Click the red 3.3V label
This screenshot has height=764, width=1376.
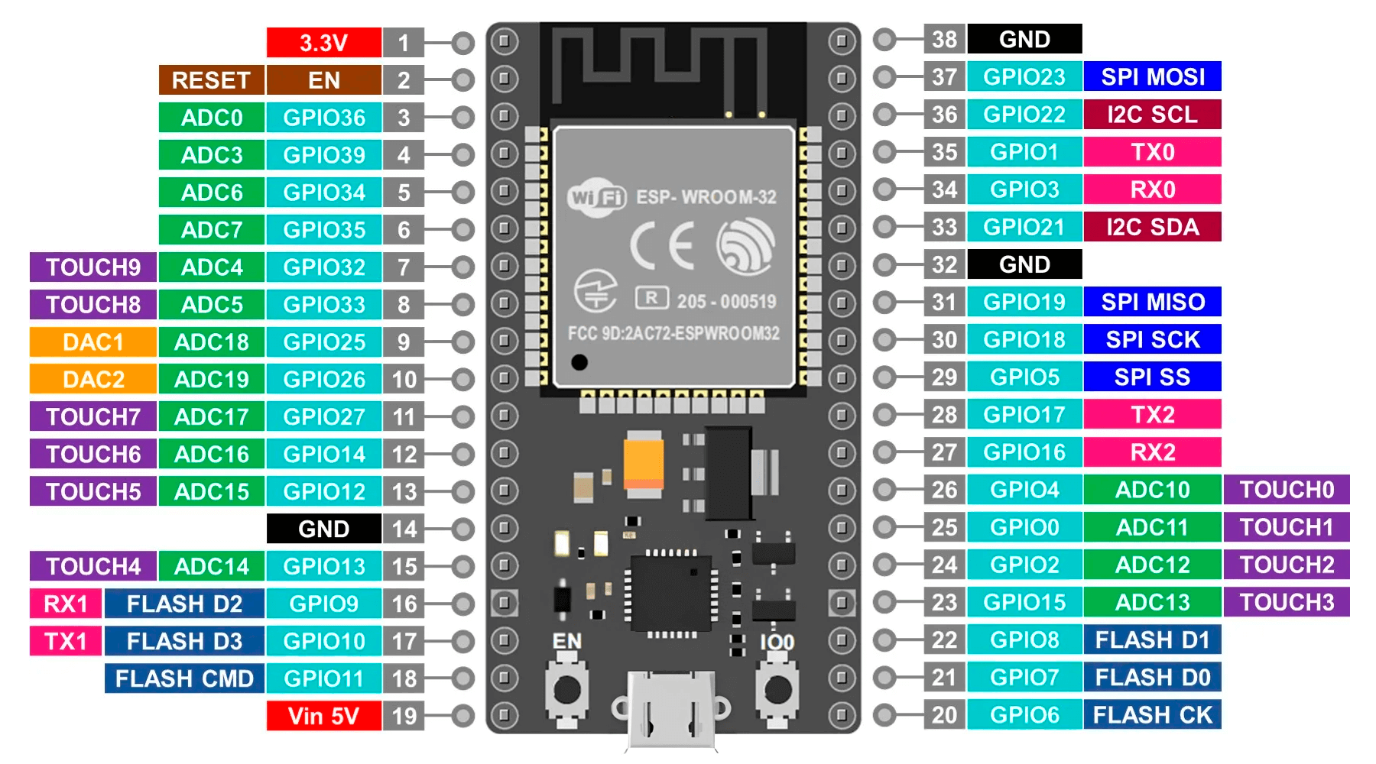[x=323, y=43]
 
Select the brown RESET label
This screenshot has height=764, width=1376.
[x=211, y=80]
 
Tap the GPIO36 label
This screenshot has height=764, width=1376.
[x=323, y=118]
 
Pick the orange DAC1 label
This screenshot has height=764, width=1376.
[x=92, y=342]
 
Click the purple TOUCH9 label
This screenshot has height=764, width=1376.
[x=92, y=267]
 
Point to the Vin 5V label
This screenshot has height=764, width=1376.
[x=323, y=716]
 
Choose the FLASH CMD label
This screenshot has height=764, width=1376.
[x=184, y=678]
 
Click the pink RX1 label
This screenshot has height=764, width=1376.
[x=66, y=604]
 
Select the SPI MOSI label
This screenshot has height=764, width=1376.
[x=1152, y=76]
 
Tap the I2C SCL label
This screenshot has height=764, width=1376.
[x=1152, y=115]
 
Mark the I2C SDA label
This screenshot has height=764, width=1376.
[x=1152, y=227]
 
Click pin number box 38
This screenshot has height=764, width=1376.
[x=944, y=39]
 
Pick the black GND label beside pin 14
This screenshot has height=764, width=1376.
[x=323, y=529]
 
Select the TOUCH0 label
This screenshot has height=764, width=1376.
[x=1287, y=490]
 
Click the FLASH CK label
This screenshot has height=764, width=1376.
[x=1152, y=715]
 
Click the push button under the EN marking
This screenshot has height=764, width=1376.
[x=566, y=690]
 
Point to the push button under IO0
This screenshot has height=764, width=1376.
[x=777, y=690]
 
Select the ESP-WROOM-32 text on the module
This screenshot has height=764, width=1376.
[x=706, y=197]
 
